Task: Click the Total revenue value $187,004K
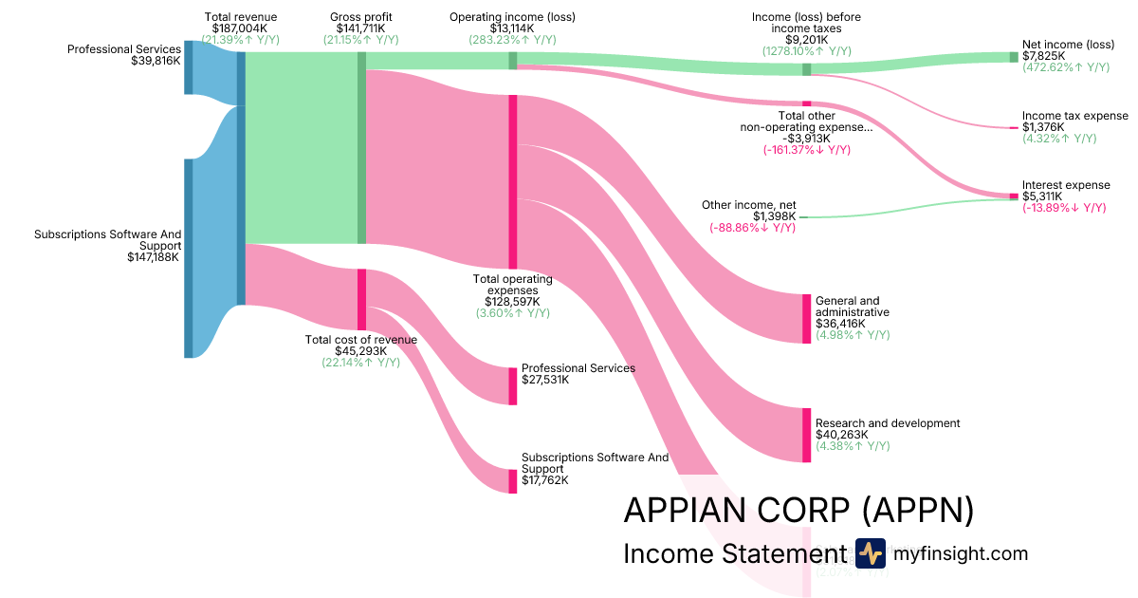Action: pyautogui.click(x=241, y=28)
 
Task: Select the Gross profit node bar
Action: pyautogui.click(x=361, y=147)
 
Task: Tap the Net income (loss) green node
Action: pyautogui.click(x=1013, y=57)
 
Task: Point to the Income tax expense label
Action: pyautogui.click(x=1075, y=116)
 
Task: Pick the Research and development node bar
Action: pyautogui.click(x=806, y=435)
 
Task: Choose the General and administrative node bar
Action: pyautogui.click(x=806, y=318)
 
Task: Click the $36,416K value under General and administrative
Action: pyautogui.click(x=841, y=324)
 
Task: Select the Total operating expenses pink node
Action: pyautogui.click(x=513, y=181)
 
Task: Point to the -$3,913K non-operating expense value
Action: pyautogui.click(x=806, y=139)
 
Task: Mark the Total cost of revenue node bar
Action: pyautogui.click(x=361, y=299)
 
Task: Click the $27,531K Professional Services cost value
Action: pyautogui.click(x=545, y=380)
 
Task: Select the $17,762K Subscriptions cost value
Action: pyautogui.click(x=545, y=480)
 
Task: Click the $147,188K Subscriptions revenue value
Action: pyautogui.click(x=154, y=256)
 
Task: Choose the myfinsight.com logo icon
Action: pyautogui.click(x=870, y=552)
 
